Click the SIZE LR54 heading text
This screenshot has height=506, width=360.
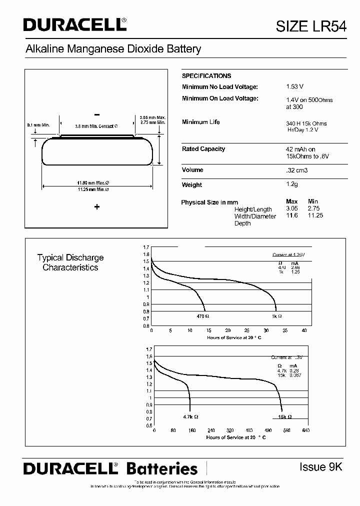point(311,26)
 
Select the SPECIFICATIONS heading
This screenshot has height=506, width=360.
point(206,76)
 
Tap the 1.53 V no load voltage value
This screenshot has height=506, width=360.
point(294,87)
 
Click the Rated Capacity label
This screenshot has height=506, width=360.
point(203,149)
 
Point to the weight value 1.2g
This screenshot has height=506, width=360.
point(291,184)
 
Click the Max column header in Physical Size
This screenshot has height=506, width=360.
point(291,202)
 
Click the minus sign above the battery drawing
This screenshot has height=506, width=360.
point(97,114)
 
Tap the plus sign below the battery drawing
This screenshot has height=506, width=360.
point(97,207)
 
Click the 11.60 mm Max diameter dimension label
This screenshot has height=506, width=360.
point(93,183)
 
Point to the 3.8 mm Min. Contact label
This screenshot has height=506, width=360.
point(96,126)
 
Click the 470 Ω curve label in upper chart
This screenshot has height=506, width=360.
point(202,316)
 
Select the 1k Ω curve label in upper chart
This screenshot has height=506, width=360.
point(276,316)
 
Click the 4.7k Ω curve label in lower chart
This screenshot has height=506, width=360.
point(190,416)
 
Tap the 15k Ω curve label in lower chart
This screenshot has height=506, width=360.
point(285,416)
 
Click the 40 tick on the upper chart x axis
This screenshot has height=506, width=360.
point(304,330)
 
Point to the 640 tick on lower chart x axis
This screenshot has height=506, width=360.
point(305,430)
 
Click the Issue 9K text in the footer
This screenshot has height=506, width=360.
point(320,467)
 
